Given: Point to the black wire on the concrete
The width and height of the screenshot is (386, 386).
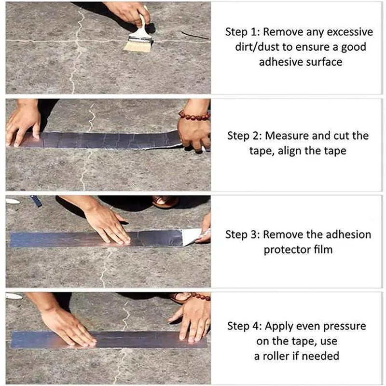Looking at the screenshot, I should click(195, 35).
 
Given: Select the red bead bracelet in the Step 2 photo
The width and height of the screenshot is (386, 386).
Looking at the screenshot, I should click(194, 116).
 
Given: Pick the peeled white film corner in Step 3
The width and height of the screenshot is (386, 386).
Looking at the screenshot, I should click(192, 236).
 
